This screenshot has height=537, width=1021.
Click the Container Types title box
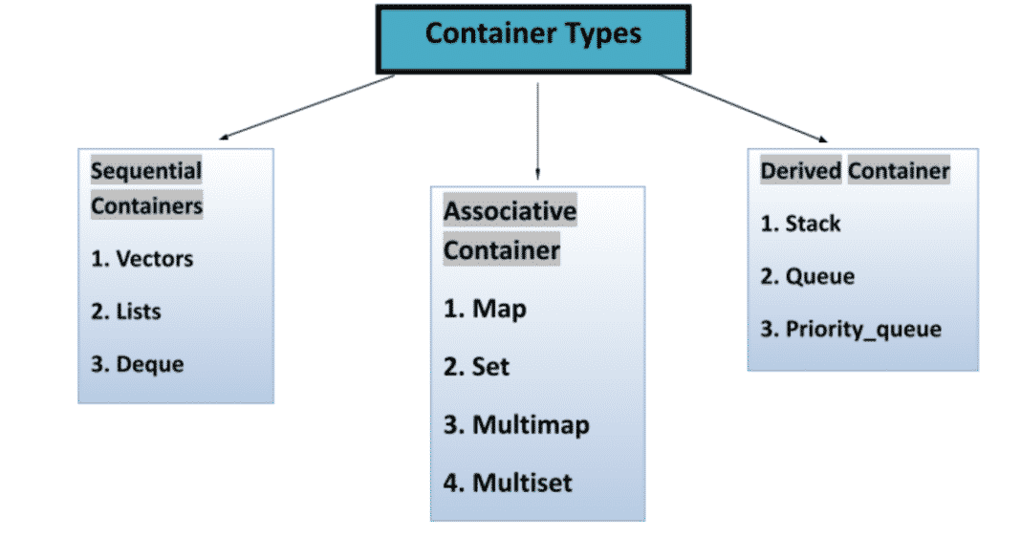click(532, 37)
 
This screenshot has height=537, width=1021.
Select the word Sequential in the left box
click(146, 172)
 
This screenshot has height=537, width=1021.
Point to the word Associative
click(510, 211)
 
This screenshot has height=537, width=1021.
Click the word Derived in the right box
click(800, 172)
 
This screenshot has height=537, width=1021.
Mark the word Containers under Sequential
click(146, 205)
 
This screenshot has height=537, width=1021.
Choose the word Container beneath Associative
click(501, 251)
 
